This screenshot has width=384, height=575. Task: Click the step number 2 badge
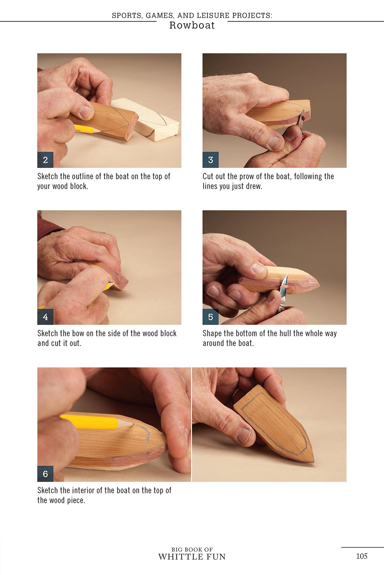point(45,160)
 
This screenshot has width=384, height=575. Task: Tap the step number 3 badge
point(210,160)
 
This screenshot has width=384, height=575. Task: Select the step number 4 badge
point(45,317)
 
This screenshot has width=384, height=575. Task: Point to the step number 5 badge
point(210,317)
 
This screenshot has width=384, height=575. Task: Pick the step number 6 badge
point(45,474)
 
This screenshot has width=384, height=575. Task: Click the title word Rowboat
point(192,25)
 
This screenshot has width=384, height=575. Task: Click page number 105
point(362,556)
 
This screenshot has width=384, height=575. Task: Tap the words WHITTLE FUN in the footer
point(192,557)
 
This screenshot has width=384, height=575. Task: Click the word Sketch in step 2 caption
point(47,177)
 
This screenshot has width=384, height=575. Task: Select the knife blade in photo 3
point(301,118)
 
